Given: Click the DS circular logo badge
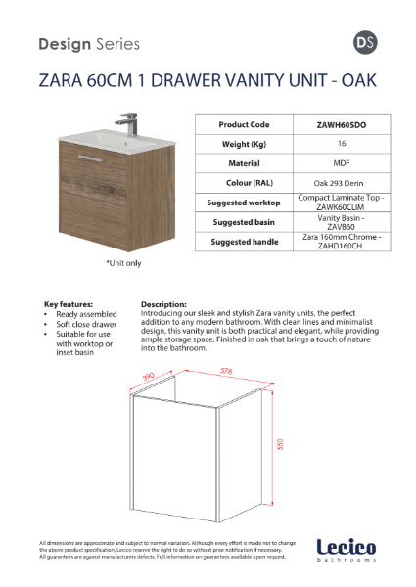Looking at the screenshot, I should [x=362, y=43].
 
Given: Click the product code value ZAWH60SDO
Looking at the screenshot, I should [x=342, y=125].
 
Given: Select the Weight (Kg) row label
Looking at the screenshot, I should [x=244, y=144].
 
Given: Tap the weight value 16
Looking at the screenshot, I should [x=342, y=144].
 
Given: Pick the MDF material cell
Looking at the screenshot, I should [x=342, y=163].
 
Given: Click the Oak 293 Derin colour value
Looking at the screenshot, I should [x=342, y=183].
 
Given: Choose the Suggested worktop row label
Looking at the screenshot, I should [x=244, y=203].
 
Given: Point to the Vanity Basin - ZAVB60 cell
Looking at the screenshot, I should [x=342, y=222].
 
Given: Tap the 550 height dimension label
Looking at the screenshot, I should [x=281, y=443].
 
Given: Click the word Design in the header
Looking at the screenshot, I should [x=64, y=44].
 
